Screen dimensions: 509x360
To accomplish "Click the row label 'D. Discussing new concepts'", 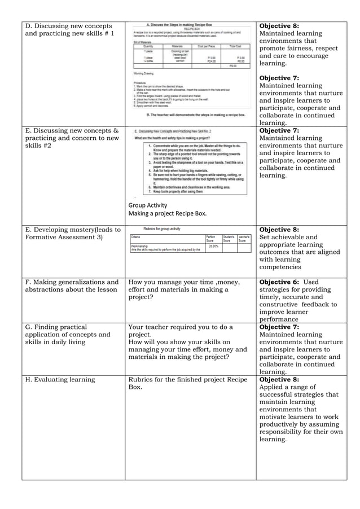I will tap(68, 26).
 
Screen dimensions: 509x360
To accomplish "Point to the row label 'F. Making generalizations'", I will tap(72, 282).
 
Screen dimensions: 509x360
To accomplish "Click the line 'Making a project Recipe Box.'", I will tap(167, 214).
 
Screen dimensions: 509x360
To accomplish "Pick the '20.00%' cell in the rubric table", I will tap(214, 246).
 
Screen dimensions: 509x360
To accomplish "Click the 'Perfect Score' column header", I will tap(211, 239).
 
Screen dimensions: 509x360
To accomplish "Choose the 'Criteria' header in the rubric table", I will tap(136, 237).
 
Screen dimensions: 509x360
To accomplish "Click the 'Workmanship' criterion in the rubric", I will tap(140, 246).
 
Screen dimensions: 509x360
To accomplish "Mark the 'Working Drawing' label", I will tap(144, 73).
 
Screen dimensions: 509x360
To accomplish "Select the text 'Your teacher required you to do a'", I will tap(181, 327).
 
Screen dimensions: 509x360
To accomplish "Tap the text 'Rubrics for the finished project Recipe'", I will tap(188, 379).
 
